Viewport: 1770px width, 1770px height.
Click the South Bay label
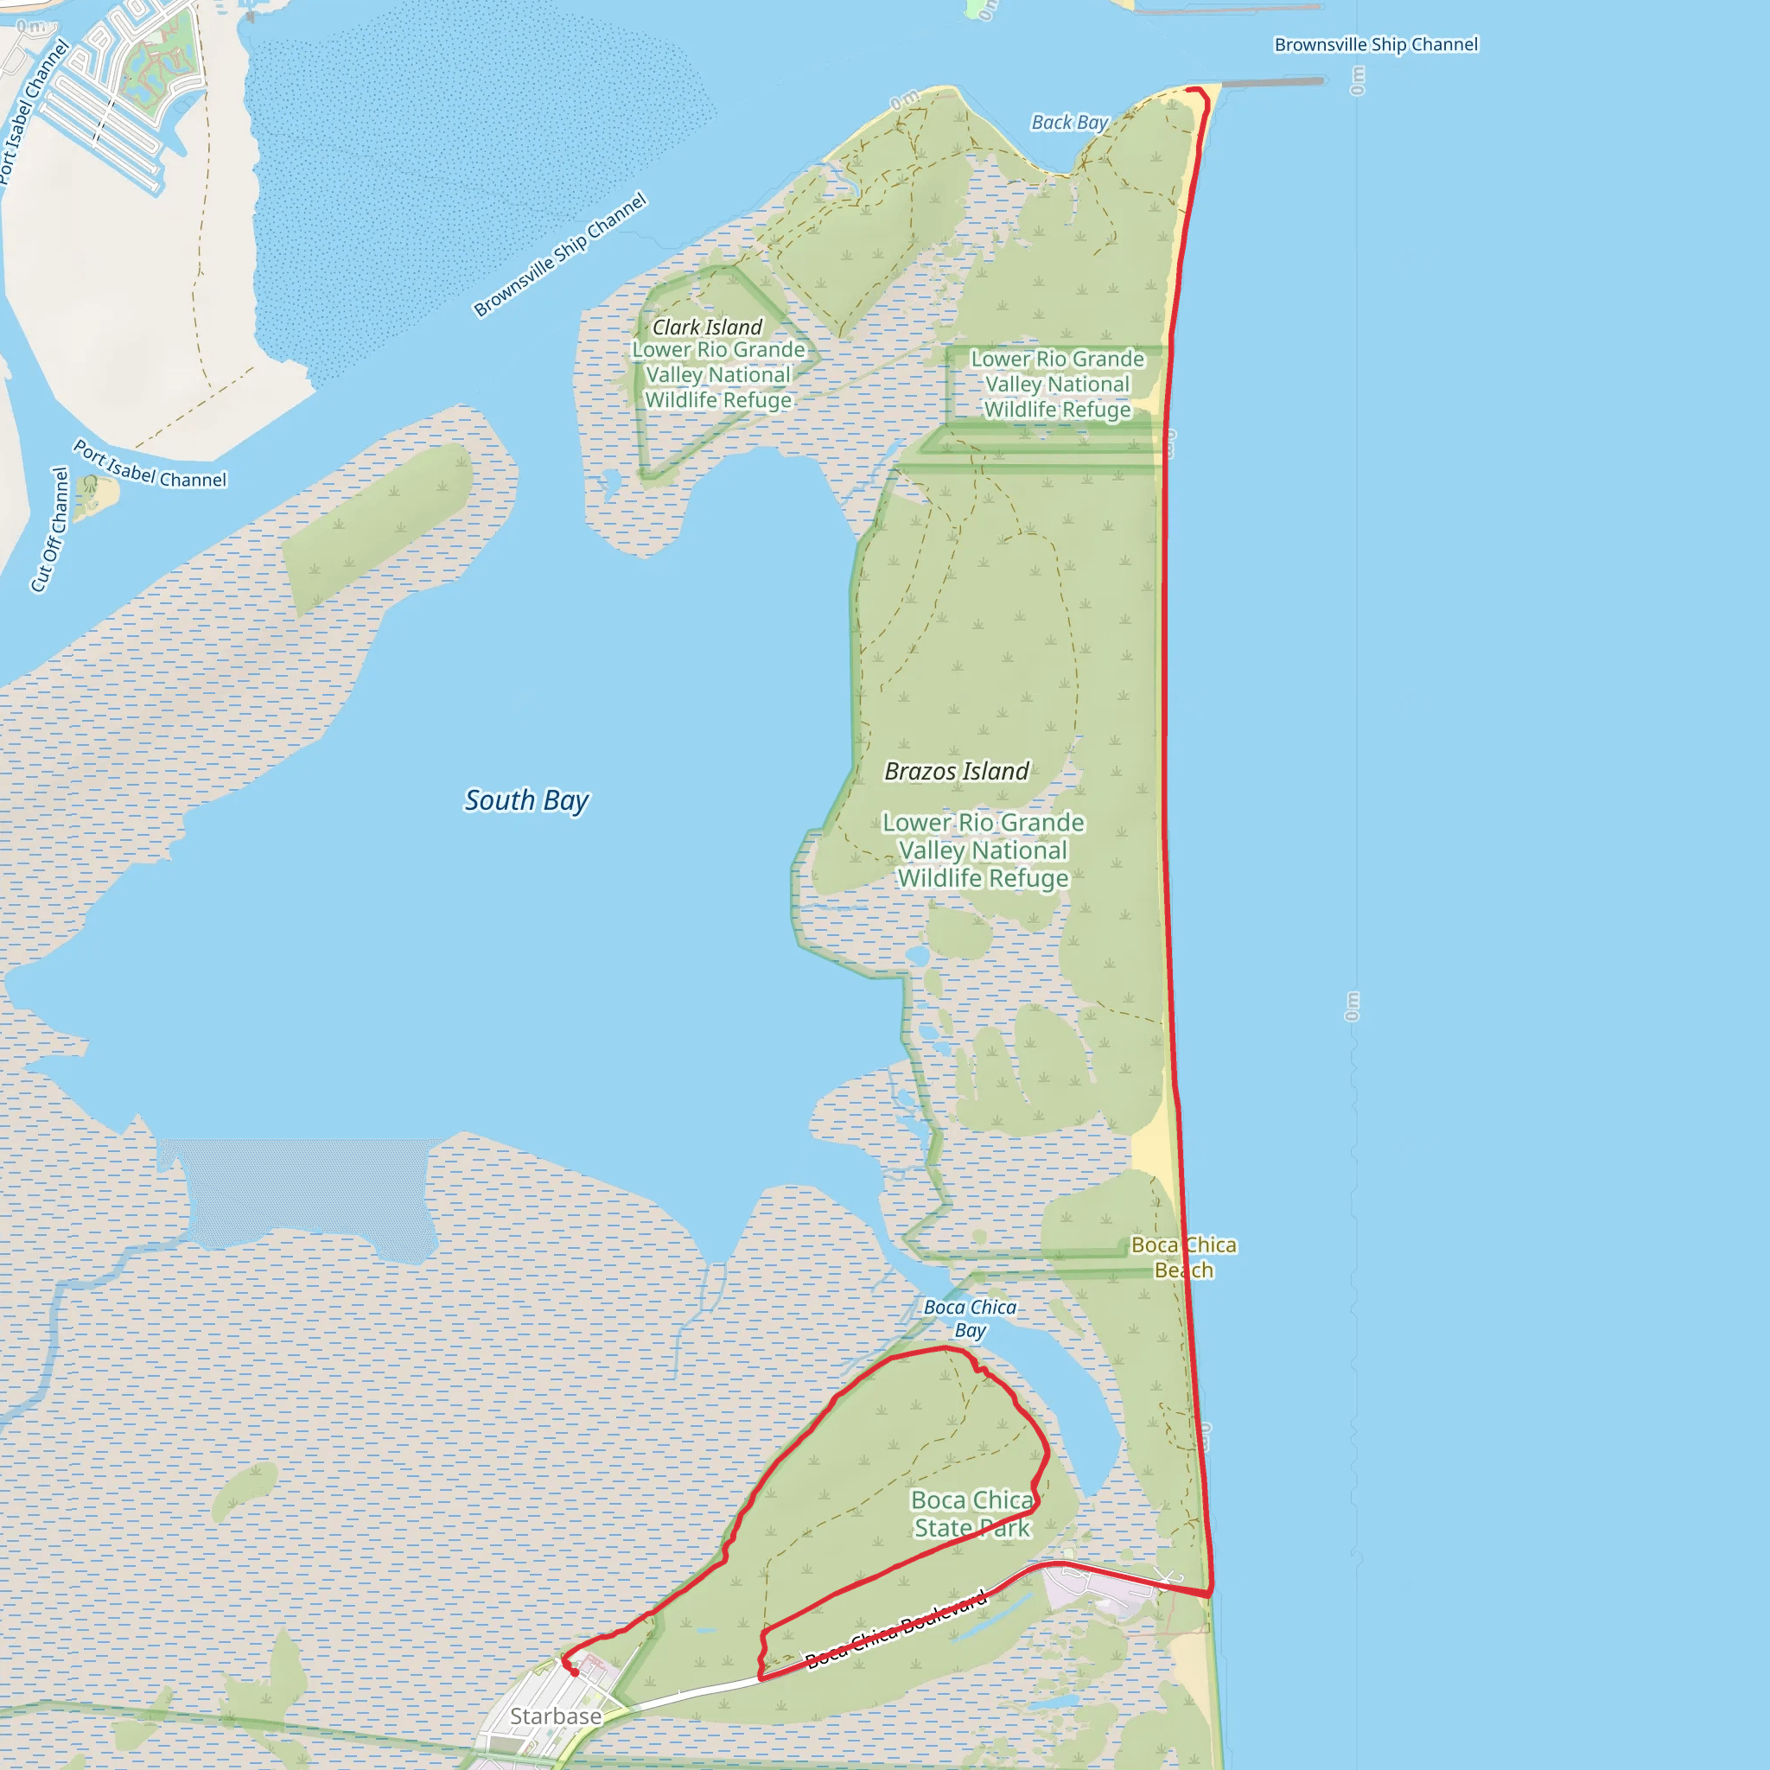527,800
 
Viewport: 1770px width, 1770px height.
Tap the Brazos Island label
957,772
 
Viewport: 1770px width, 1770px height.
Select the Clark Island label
706,327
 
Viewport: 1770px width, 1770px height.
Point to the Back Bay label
1069,122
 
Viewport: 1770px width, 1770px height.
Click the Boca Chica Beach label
1184,1257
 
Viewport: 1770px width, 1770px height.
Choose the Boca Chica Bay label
971,1318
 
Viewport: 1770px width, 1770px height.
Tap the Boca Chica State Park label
972,1513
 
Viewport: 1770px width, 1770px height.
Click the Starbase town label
555,1716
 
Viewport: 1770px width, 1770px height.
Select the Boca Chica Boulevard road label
896,1630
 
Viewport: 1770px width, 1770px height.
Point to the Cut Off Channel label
50,530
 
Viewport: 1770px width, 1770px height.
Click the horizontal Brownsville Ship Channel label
1376,44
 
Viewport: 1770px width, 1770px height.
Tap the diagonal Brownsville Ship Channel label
560,254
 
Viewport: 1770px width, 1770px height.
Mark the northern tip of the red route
1195,89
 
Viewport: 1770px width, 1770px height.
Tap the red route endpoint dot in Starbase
575,1673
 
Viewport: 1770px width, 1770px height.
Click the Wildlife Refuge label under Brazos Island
983,850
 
